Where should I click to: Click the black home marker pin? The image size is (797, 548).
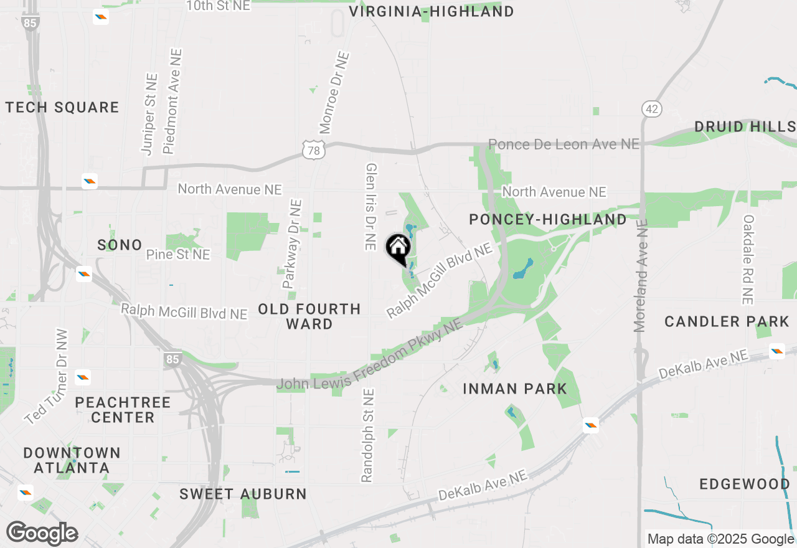tap(398, 249)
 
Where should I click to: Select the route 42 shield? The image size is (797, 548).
tap(651, 110)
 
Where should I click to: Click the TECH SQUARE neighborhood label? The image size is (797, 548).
tap(62, 108)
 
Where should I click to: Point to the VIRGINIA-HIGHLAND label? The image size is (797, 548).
tap(432, 11)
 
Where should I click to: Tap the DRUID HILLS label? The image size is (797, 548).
tap(745, 127)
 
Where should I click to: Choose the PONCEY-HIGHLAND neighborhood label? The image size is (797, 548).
tap(548, 219)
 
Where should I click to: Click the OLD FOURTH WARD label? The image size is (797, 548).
tap(309, 316)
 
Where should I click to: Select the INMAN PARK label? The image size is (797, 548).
tap(515, 389)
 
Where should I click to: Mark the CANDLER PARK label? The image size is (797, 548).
tap(727, 322)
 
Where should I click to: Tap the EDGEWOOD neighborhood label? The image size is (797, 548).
tap(745, 484)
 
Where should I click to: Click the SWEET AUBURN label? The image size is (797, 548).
tap(243, 494)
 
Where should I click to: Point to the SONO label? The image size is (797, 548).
tap(120, 245)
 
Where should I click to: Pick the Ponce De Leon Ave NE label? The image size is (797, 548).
tap(564, 144)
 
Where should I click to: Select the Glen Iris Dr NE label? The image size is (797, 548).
tap(371, 207)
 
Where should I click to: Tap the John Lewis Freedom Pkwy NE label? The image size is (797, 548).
tap(370, 357)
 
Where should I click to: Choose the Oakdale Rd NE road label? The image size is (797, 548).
tap(748, 260)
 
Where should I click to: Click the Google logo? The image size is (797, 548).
tap(42, 533)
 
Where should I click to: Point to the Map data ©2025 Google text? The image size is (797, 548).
tap(720, 539)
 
